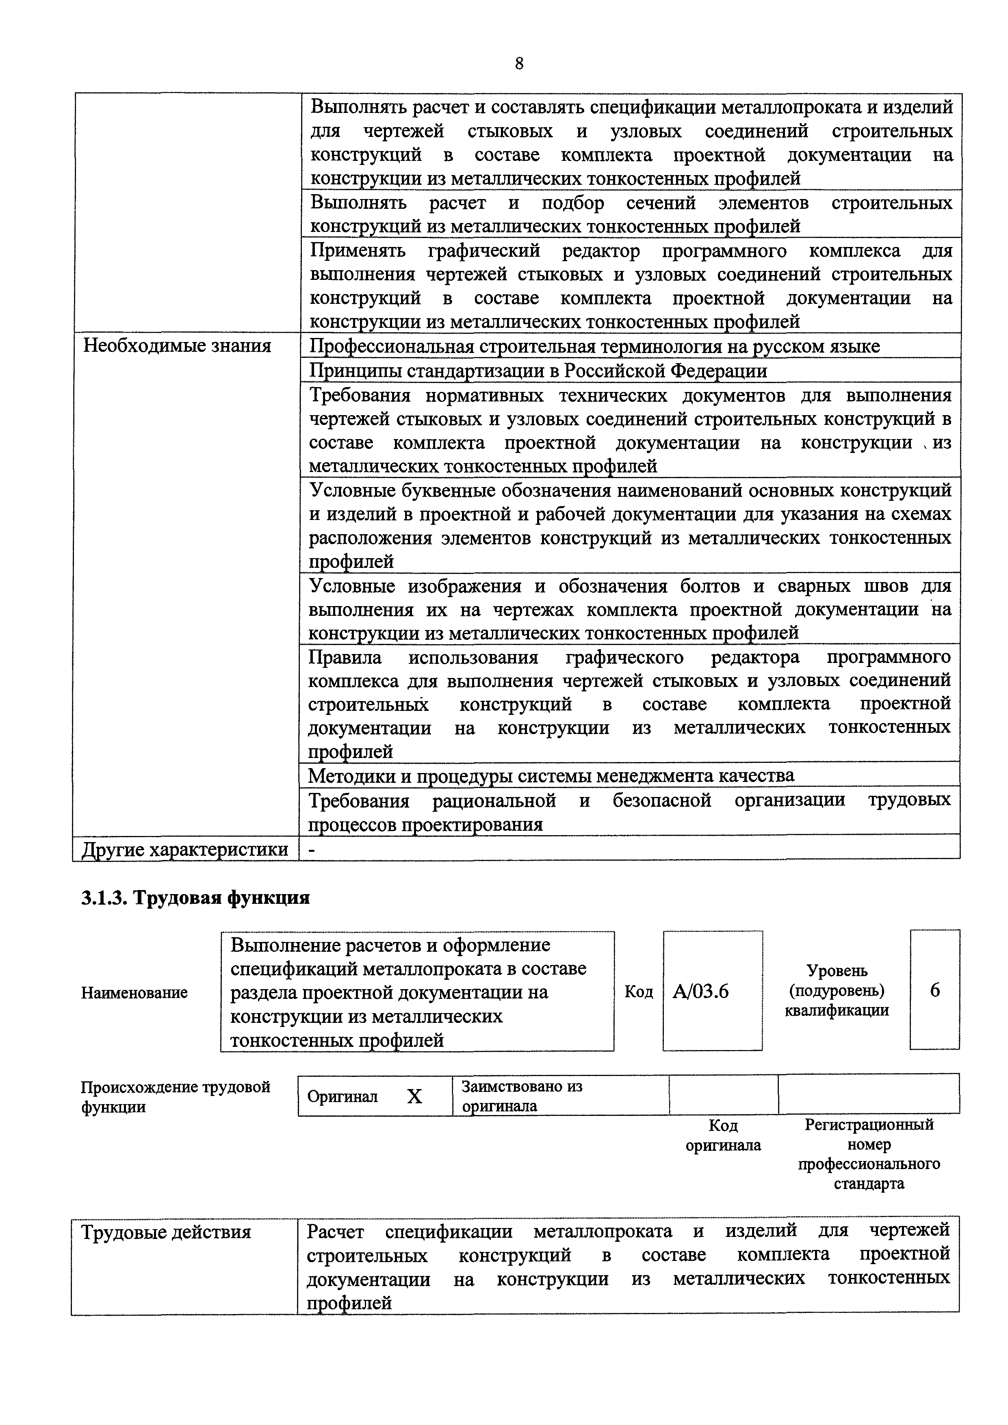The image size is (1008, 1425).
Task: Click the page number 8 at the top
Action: [519, 63]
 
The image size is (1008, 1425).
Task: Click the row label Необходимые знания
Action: [177, 346]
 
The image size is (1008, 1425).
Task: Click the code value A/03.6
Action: [701, 992]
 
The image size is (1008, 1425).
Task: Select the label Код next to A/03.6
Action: [639, 992]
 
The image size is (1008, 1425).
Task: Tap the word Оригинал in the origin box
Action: [343, 1097]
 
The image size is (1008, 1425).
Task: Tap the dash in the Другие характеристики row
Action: [312, 849]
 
